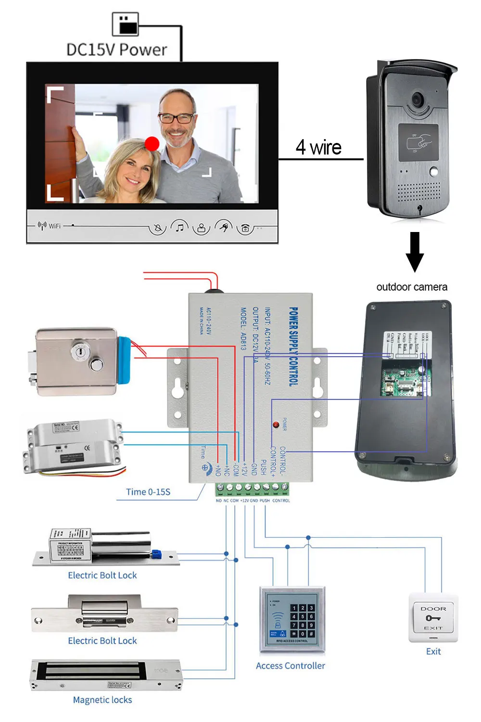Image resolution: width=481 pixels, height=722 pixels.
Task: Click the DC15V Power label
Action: click(x=116, y=50)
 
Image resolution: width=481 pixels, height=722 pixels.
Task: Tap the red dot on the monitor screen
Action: click(x=152, y=143)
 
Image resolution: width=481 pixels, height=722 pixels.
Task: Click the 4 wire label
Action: click(x=318, y=147)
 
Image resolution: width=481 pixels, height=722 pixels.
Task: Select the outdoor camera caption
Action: click(x=412, y=287)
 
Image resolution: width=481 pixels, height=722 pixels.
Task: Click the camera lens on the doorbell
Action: click(x=417, y=100)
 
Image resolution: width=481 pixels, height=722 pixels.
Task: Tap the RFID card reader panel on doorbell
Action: click(x=418, y=143)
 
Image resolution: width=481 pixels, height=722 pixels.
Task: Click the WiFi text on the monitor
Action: click(x=54, y=226)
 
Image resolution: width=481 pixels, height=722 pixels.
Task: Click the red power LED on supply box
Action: click(x=276, y=425)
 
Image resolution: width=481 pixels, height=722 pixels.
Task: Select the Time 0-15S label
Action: click(x=148, y=492)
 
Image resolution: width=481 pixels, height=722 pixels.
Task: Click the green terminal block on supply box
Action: click(x=252, y=489)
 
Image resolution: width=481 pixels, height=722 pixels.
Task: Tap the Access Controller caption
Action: click(x=291, y=666)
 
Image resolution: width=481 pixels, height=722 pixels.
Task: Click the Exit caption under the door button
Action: click(x=433, y=651)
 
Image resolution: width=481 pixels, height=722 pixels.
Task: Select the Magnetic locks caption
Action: click(x=102, y=700)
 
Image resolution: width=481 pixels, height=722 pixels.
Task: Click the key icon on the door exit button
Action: click(x=433, y=618)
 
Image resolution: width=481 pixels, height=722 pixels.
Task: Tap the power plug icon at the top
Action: click(x=126, y=24)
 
